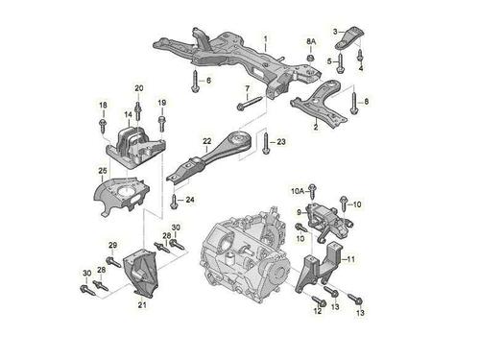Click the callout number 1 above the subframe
pyautogui.click(x=265, y=39)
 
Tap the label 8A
pyautogui.click(x=311, y=41)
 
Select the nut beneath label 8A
pyautogui.click(x=310, y=58)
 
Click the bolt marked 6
pyautogui.click(x=195, y=82)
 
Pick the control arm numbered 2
pyautogui.click(x=320, y=104)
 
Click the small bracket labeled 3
pyautogui.click(x=349, y=37)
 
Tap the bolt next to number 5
pyautogui.click(x=340, y=63)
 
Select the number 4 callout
pyautogui.click(x=361, y=68)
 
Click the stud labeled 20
pyautogui.click(x=138, y=111)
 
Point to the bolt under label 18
pyautogui.click(x=103, y=125)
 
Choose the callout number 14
pyautogui.click(x=129, y=114)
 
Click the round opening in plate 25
pyautogui.click(x=125, y=192)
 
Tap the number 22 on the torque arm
pyautogui.click(x=207, y=141)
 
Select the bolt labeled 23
pyautogui.click(x=265, y=143)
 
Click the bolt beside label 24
pyautogui.click(x=174, y=201)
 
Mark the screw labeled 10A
pyautogui.click(x=312, y=191)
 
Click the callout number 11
pyautogui.click(x=351, y=259)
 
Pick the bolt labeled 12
pyautogui.click(x=318, y=300)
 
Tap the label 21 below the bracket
pyautogui.click(x=142, y=305)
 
